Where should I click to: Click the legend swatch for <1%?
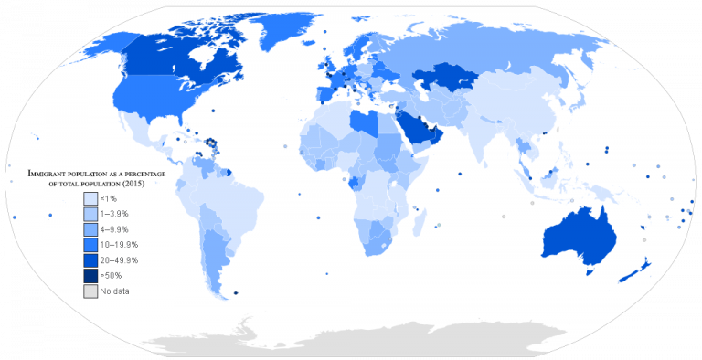click(x=90, y=197)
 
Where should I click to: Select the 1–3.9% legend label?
click(x=115, y=213)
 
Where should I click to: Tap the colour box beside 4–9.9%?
click(x=90, y=228)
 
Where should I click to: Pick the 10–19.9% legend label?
click(x=119, y=244)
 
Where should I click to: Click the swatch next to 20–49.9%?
click(x=90, y=259)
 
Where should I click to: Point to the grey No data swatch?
click(x=90, y=291)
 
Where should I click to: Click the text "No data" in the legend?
click(x=116, y=291)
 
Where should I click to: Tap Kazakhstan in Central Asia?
click(x=449, y=78)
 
